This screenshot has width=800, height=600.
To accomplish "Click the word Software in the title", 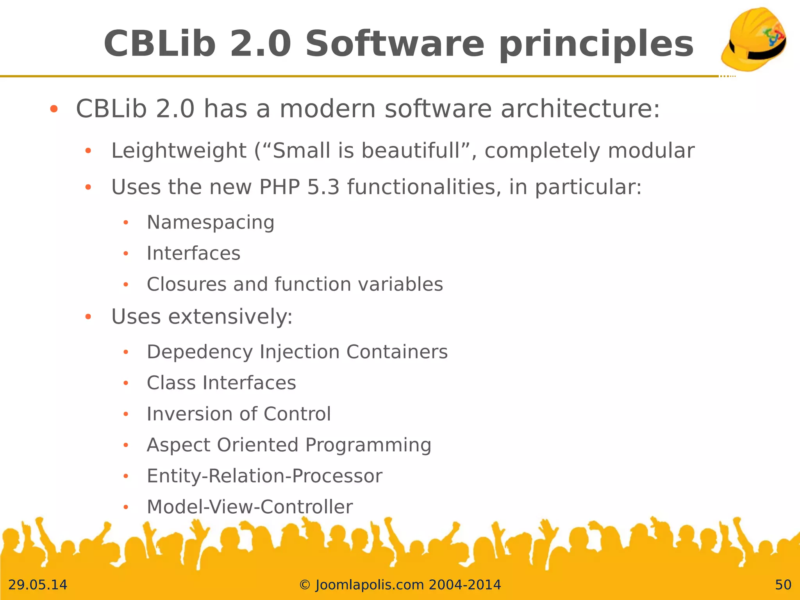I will tap(395, 44).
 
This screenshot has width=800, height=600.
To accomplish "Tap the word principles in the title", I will tap(596, 44).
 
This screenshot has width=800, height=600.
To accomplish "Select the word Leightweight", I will tap(179, 151).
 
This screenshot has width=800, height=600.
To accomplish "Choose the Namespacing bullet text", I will tap(211, 223).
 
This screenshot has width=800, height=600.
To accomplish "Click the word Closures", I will tap(186, 284).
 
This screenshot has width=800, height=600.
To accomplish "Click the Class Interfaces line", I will tap(221, 383).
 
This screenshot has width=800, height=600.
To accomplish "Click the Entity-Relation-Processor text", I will tap(264, 476).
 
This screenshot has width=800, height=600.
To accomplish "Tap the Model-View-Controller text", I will tap(250, 507).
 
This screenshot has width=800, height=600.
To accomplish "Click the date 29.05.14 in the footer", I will tap(38, 585).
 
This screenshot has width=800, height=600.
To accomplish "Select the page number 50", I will tap(783, 585).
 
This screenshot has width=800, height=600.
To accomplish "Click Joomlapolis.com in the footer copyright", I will tap(370, 585).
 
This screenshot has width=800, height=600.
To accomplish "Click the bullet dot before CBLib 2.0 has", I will tap(54, 109).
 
